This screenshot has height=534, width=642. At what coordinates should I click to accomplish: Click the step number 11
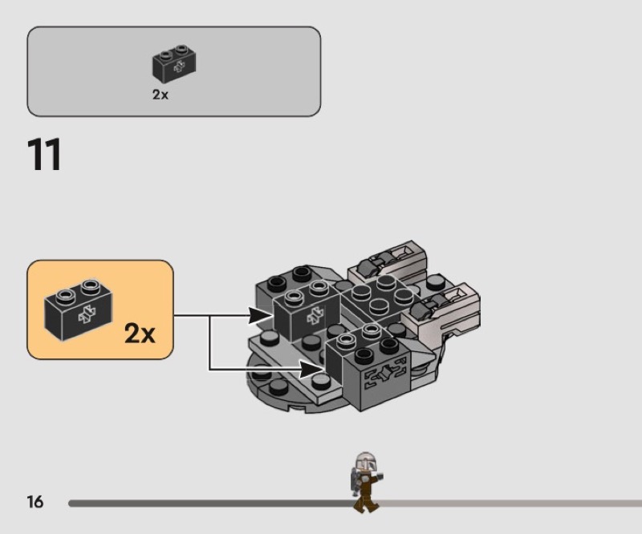pos(44,154)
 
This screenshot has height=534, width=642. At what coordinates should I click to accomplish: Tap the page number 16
pos(35,502)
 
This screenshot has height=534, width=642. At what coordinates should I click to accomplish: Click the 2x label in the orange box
pos(140,334)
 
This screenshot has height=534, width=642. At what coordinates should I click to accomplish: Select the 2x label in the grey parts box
pos(160,95)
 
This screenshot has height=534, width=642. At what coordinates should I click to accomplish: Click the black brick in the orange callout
pos(78,309)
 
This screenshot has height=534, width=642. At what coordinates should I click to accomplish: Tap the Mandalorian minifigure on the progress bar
pos(367,482)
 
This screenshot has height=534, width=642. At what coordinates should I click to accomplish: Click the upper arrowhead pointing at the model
pos(260,315)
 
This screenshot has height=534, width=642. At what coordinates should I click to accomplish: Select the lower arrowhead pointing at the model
pos(312,370)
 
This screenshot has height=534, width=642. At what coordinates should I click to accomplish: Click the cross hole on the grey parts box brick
pos(179,66)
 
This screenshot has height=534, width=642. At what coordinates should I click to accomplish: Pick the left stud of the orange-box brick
pos(66,295)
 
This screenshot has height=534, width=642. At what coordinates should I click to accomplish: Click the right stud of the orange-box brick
pos(91,286)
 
